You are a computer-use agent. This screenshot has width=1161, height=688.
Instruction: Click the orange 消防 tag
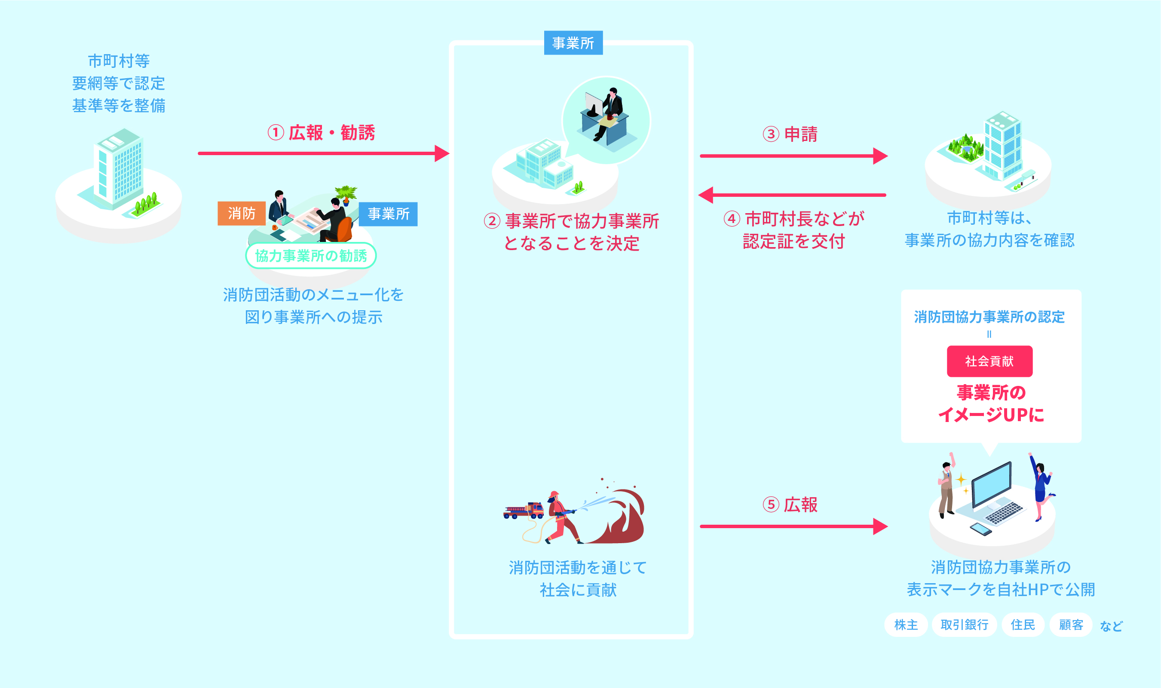(241, 214)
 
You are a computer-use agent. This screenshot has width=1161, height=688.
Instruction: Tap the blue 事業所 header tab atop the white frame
(573, 43)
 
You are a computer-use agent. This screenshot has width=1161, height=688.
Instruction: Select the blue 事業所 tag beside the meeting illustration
(388, 214)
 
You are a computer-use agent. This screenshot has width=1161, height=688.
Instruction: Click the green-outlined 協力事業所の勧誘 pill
(311, 255)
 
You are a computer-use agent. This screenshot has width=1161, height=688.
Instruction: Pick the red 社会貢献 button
(989, 361)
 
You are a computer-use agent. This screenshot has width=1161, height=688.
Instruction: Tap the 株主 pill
(906, 625)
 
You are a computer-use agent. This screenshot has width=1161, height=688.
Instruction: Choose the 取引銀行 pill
(964, 625)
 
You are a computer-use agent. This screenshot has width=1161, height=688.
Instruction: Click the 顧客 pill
(1071, 625)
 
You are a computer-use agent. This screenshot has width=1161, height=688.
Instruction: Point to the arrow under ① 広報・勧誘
(323, 153)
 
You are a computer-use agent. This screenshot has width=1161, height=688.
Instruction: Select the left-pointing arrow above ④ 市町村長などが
(793, 195)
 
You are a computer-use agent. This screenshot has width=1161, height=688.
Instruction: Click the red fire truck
(524, 511)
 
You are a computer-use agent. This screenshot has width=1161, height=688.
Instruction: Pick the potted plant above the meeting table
(346, 194)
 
